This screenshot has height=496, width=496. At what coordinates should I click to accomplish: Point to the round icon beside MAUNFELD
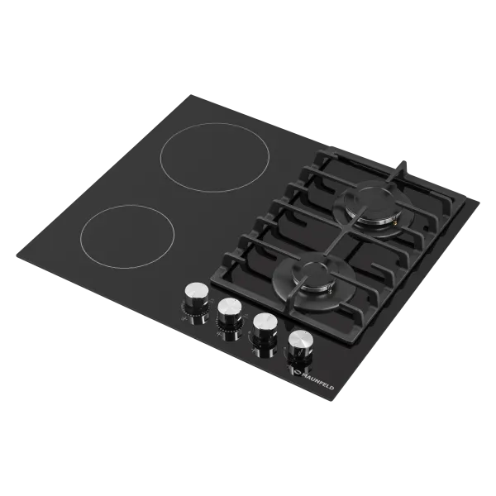(293, 372)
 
